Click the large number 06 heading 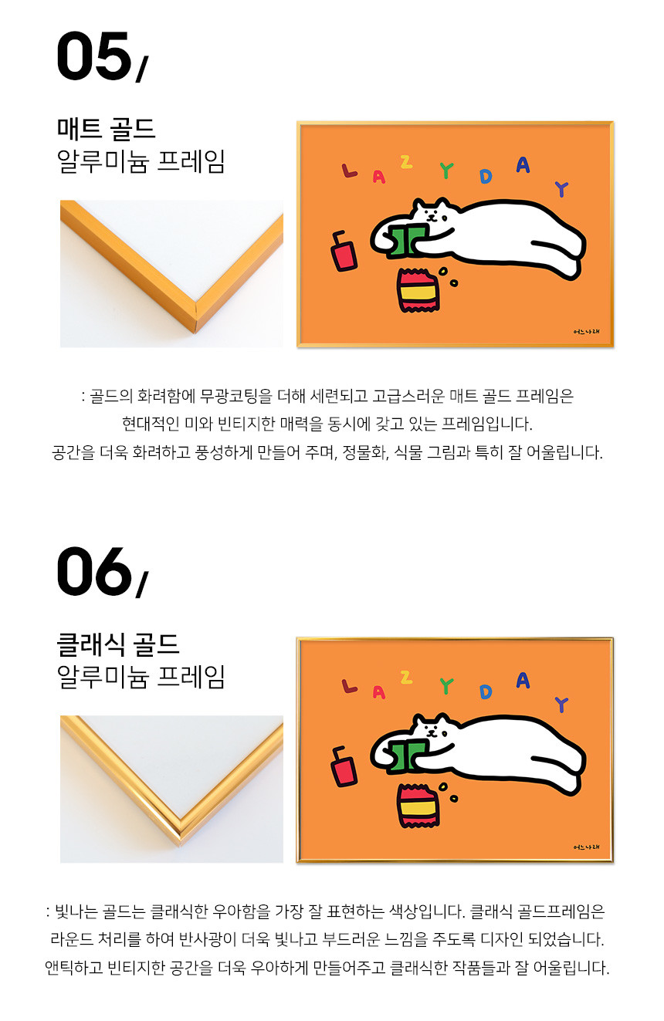tap(94, 571)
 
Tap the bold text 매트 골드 tap(107, 128)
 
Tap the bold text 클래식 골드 tap(118, 644)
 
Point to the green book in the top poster tap(406, 239)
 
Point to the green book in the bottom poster tap(406, 756)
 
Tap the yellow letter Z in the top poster tap(406, 162)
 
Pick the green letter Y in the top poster tap(446, 171)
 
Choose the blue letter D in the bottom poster tap(486, 692)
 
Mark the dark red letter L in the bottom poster tap(349, 686)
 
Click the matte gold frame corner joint tap(196, 316)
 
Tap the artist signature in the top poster tap(586, 331)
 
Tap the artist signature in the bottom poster tap(586, 847)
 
